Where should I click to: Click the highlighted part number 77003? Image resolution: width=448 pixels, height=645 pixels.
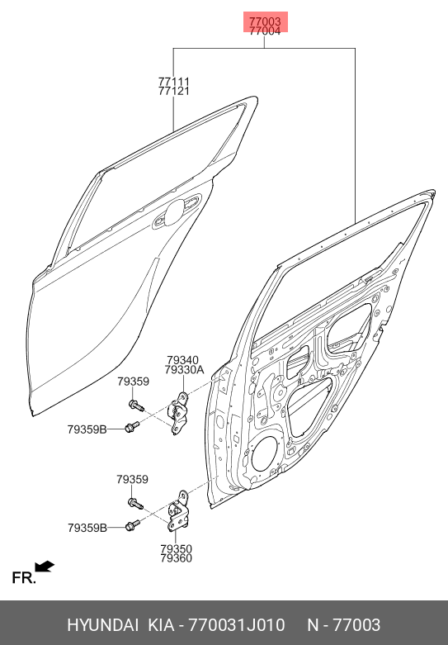pyautogui.click(x=265, y=21)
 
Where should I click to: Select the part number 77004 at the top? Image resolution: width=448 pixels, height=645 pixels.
pyautogui.click(x=265, y=31)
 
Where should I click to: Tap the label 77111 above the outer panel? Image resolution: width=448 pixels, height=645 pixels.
pyautogui.click(x=174, y=82)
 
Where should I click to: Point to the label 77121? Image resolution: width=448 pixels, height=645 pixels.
pyautogui.click(x=174, y=91)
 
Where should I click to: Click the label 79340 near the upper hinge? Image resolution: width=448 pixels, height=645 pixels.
pyautogui.click(x=182, y=360)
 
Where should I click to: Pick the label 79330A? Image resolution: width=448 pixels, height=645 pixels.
pyautogui.click(x=184, y=370)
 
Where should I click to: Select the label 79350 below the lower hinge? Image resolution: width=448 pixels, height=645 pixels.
pyautogui.click(x=176, y=548)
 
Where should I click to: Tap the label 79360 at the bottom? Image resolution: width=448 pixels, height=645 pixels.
pyautogui.click(x=176, y=558)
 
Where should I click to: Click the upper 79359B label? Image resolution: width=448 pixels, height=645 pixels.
pyautogui.click(x=87, y=429)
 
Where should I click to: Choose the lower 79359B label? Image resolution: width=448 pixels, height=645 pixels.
pyautogui.click(x=87, y=528)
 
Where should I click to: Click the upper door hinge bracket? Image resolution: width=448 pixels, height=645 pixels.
pyautogui.click(x=178, y=413)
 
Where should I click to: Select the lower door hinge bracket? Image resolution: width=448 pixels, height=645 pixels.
pyautogui.click(x=179, y=511)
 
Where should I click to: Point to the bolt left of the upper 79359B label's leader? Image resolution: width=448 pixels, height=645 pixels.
pyautogui.click(x=131, y=427)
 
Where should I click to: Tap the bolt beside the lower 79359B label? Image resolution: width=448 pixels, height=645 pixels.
pyautogui.click(x=132, y=525)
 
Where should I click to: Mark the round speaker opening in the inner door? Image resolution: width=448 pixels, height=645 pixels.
pyautogui.click(x=265, y=454)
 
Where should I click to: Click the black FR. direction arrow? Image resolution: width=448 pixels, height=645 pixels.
pyautogui.click(x=45, y=567)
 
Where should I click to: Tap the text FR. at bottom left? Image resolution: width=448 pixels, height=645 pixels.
pyautogui.click(x=24, y=578)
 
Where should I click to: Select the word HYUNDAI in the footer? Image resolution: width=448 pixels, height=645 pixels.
pyautogui.click(x=103, y=625)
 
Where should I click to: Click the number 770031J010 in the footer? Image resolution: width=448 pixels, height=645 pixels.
pyautogui.click(x=236, y=625)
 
